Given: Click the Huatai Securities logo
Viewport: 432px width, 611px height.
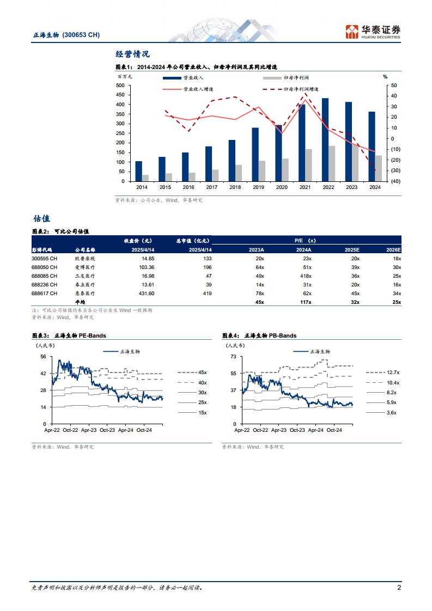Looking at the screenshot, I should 374,32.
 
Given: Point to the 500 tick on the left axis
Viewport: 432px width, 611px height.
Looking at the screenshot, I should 120,85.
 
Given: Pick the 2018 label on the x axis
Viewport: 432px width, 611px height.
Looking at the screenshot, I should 235,187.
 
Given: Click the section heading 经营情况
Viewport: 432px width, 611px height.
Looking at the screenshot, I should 132,54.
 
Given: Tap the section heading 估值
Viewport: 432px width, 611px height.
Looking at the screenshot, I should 41,218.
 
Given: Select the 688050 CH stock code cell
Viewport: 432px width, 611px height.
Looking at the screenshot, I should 44,267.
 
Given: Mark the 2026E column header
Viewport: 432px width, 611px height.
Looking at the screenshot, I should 392,249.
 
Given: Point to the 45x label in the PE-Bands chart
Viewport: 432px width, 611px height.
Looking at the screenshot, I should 202,372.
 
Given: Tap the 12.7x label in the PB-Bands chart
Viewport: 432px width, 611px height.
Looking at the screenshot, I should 393,372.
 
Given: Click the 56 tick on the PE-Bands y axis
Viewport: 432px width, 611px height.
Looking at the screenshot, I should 43,357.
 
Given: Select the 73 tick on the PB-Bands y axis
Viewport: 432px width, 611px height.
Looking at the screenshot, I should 233,357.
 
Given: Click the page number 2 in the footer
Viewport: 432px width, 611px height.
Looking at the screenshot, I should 399,588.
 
